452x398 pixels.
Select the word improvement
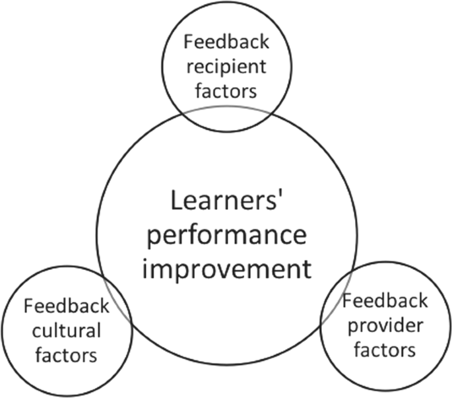pyautogui.click(x=226, y=269)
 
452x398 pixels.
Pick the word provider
pyautogui.click(x=385, y=325)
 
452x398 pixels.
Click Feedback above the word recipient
pyautogui.click(x=226, y=43)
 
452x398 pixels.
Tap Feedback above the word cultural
pyautogui.click(x=66, y=307)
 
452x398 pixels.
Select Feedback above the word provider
pyautogui.click(x=386, y=302)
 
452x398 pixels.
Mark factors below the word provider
pyautogui.click(x=385, y=348)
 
